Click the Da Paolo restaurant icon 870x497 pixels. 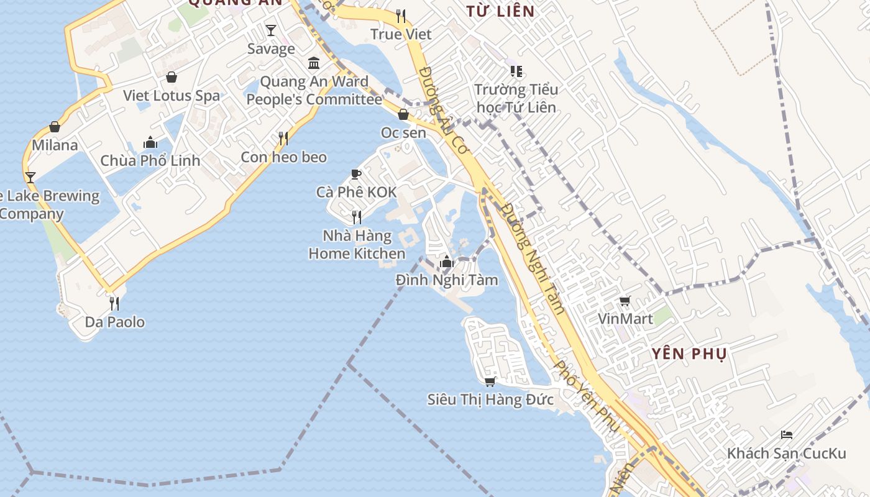coord(114,303)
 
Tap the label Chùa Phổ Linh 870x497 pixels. coord(150,160)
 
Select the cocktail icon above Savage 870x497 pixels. coord(271,30)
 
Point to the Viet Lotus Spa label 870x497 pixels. coord(172,96)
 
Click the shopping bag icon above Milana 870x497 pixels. coord(55,127)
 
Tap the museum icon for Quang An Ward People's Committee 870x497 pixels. coord(314,63)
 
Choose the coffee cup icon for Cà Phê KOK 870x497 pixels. coord(356,174)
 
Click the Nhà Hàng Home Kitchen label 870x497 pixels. coord(357,245)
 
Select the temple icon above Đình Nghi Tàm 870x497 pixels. coord(446,262)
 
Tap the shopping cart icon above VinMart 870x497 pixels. coord(625,301)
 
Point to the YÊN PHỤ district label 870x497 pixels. coord(689,354)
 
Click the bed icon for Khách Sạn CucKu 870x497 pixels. coord(787,434)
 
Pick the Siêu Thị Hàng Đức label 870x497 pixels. coord(490,399)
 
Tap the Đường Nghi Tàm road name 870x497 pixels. coord(533,258)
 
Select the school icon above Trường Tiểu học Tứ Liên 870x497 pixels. coord(516,71)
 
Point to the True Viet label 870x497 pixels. coord(401,34)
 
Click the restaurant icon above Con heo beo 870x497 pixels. coord(283,138)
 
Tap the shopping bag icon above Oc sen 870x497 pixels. coord(403,114)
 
